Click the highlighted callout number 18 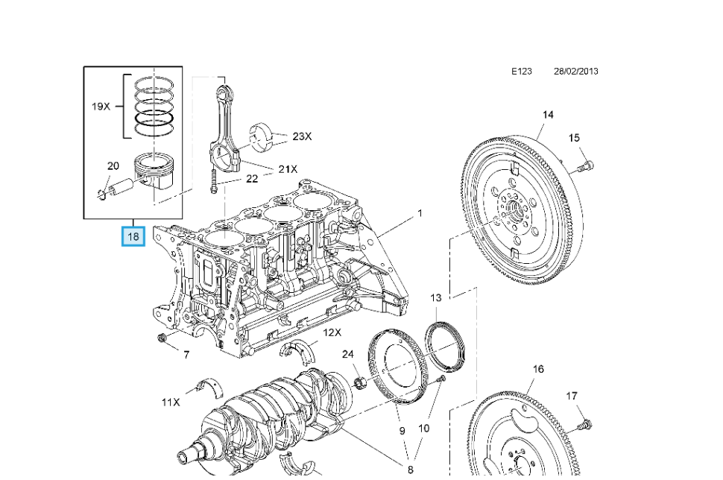133,238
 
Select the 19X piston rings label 101,106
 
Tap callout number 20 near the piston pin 113,166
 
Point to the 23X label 302,136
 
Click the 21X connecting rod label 288,169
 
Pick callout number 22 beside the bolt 252,179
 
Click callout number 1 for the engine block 420,213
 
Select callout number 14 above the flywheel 548,115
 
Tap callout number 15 574,138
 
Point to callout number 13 436,297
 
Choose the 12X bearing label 332,332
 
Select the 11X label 171,402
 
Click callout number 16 539,369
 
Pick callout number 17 572,396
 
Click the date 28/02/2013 575,72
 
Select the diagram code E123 522,72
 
